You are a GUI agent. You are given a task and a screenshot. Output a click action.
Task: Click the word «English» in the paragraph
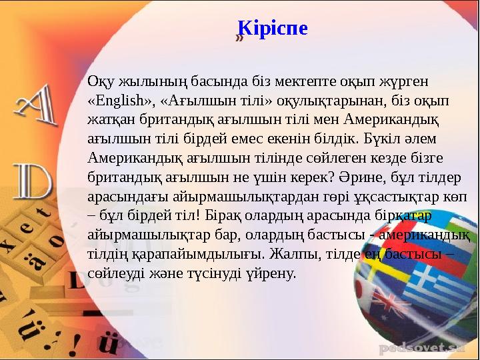pos(121,101)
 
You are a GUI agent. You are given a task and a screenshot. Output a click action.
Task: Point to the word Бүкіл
pos(383,139)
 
